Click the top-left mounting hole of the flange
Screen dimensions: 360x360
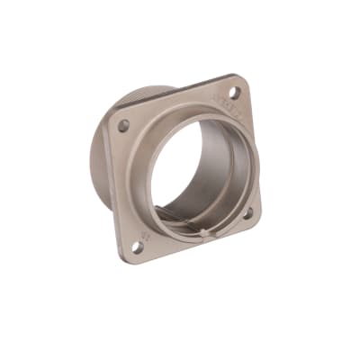(123, 125)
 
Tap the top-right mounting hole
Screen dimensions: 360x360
(233, 92)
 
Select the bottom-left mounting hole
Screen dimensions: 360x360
(138, 245)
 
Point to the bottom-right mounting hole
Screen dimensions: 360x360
(247, 212)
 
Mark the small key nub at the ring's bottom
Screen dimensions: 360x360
(206, 235)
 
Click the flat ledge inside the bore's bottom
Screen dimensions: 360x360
(184, 219)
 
